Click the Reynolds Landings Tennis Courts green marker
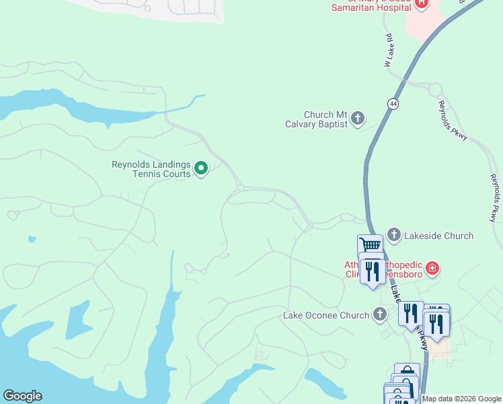[x=200, y=168]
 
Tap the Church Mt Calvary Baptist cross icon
[x=358, y=119]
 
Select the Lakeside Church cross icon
[x=393, y=236]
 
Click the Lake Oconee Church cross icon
[x=380, y=314]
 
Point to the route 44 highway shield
[x=393, y=103]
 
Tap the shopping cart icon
[x=370, y=246]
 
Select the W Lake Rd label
[x=389, y=50]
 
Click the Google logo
[x=22, y=396]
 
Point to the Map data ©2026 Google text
[x=462, y=399]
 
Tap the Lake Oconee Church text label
[x=326, y=315]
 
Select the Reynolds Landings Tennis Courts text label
[x=151, y=169]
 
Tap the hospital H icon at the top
[x=422, y=3]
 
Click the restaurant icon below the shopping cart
[x=371, y=271]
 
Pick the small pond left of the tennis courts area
[x=32, y=239]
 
